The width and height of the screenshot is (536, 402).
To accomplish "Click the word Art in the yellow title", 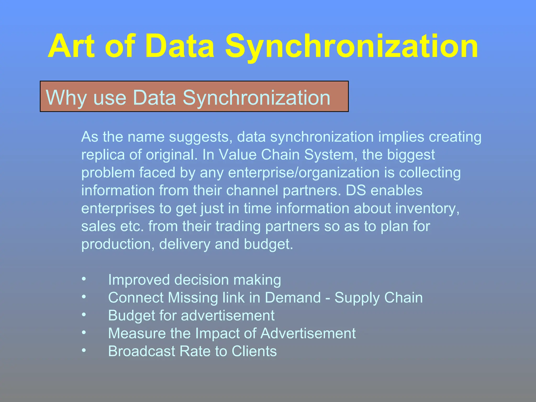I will point(71,47).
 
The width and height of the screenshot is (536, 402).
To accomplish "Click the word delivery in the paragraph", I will point(185,244).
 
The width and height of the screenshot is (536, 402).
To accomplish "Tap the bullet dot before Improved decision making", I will point(84,279).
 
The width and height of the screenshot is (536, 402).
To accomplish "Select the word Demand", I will point(293,298).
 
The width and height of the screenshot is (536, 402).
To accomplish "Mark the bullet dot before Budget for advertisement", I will point(84,315).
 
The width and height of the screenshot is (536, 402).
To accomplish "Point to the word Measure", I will point(137,333).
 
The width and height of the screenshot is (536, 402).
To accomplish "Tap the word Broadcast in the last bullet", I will point(142,351).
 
